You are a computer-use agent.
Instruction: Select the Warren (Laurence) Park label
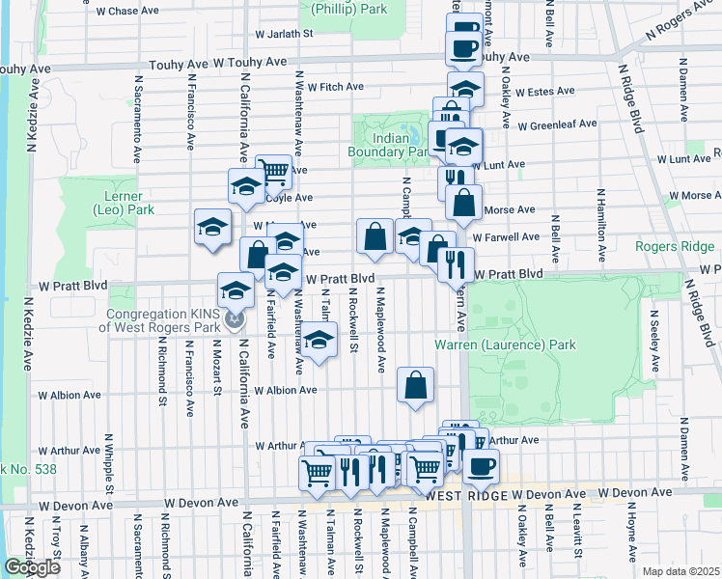coord(505,345)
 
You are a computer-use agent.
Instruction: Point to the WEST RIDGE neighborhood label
coord(466,494)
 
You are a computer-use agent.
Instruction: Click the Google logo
coord(32,567)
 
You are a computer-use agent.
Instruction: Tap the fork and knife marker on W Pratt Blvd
coord(456,262)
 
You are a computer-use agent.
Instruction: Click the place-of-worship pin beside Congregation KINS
coord(233,317)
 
